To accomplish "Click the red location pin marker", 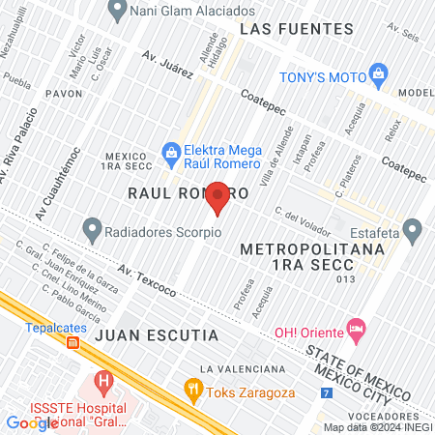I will pyautogui.click(x=218, y=196).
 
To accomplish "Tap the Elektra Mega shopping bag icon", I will pyautogui.click(x=171, y=151).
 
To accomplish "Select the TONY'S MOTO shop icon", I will pyautogui.click(x=378, y=74).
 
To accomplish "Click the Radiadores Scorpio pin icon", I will pyautogui.click(x=93, y=231).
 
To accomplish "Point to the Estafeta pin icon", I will pyautogui.click(x=413, y=231).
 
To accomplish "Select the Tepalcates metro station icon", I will pyautogui.click(x=73, y=340).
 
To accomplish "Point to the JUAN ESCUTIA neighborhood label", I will pyautogui.click(x=155, y=334).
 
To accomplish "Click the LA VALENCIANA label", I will pyautogui.click(x=243, y=369).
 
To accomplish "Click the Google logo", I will pyautogui.click(x=32, y=422).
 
